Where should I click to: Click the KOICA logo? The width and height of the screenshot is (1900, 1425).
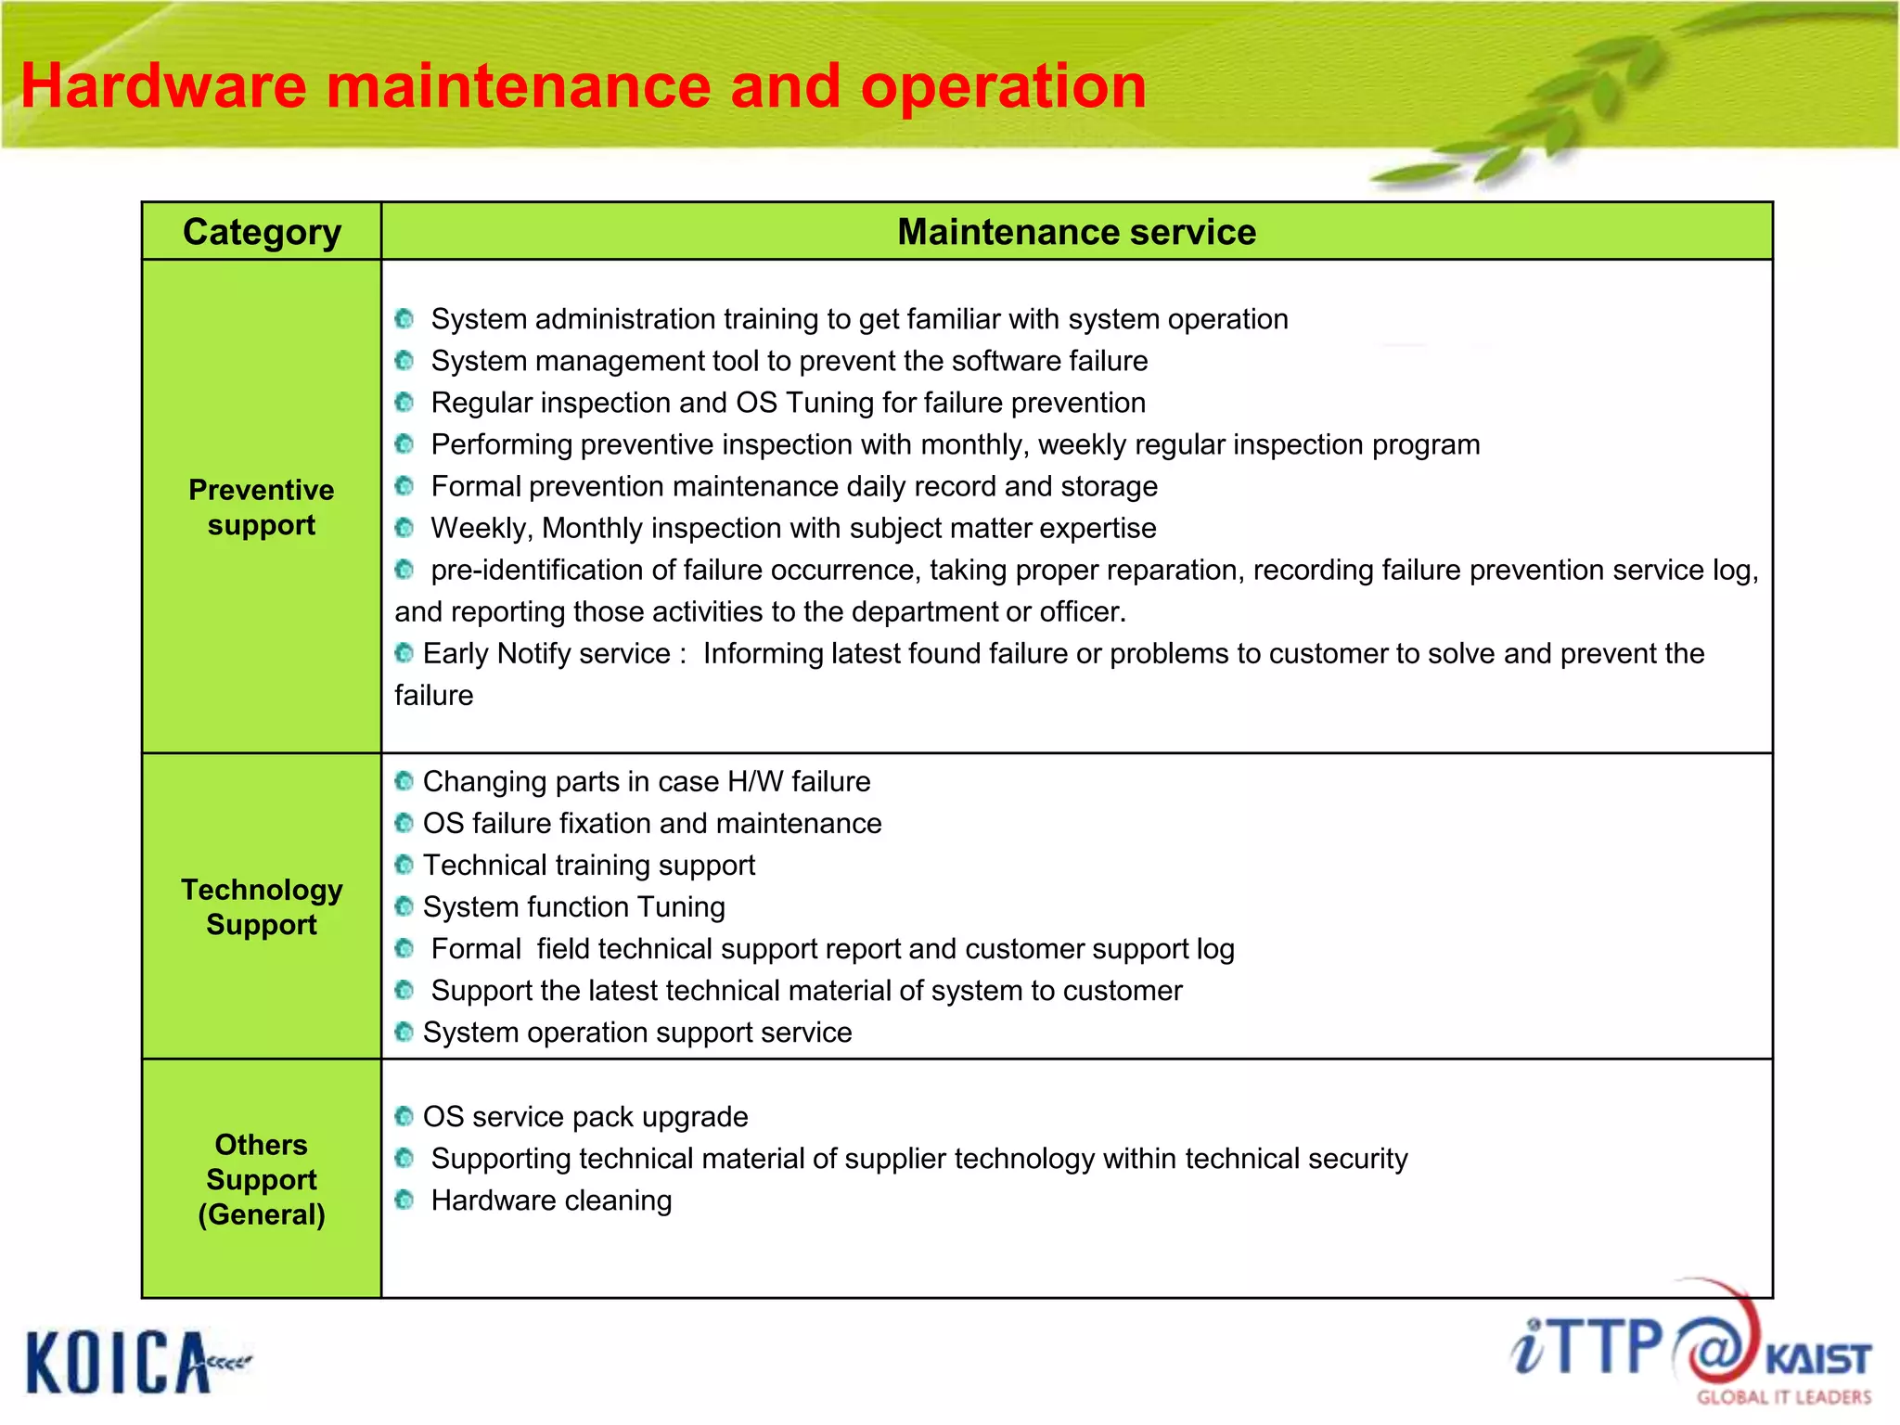pyautogui.click(x=121, y=1361)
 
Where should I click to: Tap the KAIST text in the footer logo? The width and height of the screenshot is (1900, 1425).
pyautogui.click(x=1817, y=1359)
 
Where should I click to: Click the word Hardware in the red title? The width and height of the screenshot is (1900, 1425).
pyautogui.click(x=163, y=86)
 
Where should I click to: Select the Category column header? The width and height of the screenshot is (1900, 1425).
pyautogui.click(x=262, y=231)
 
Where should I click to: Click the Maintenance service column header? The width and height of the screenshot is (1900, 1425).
pyautogui.click(x=1076, y=231)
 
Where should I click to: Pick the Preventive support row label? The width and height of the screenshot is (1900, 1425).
pyautogui.click(x=262, y=507)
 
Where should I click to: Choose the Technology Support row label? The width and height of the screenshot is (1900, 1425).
pyautogui.click(x=262, y=906)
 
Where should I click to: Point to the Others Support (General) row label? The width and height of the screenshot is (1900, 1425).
pyautogui.click(x=262, y=1179)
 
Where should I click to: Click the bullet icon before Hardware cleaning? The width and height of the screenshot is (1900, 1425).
pyautogui.click(x=404, y=1200)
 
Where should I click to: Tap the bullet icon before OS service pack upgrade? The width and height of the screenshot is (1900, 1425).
pyautogui.click(x=404, y=1116)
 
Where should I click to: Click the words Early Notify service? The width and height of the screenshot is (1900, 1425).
pyautogui.click(x=546, y=653)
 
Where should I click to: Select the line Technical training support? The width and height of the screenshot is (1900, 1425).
pyautogui.click(x=589, y=865)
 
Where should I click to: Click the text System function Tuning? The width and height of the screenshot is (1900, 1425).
pyautogui.click(x=573, y=906)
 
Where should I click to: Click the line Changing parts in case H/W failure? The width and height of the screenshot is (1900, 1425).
pyautogui.click(x=647, y=781)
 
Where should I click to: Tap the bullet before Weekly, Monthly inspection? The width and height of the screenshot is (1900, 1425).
pyautogui.click(x=404, y=528)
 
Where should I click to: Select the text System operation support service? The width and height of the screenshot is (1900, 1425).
pyautogui.click(x=637, y=1032)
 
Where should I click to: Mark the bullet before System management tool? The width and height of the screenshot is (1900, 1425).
pyautogui.click(x=404, y=360)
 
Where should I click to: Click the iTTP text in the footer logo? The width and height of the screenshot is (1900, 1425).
pyautogui.click(x=1586, y=1347)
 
